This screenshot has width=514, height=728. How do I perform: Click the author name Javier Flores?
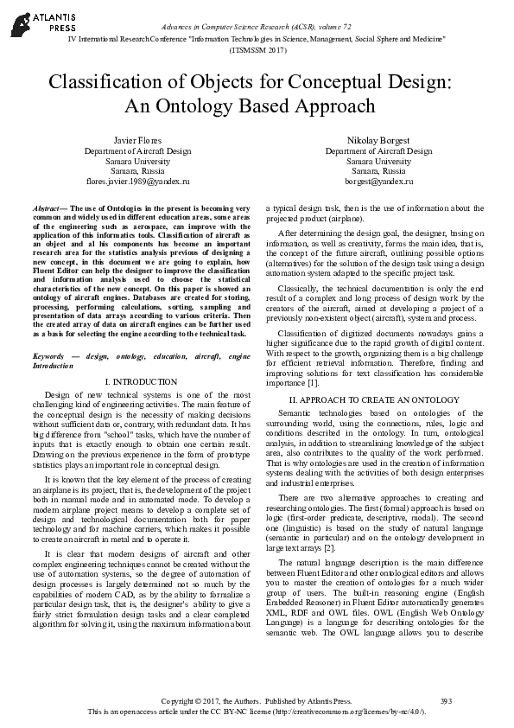(x=137, y=140)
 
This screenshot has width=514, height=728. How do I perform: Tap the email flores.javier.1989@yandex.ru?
(x=137, y=182)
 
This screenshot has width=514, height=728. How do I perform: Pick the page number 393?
(x=447, y=699)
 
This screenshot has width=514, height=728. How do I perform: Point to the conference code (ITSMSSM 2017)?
(x=257, y=50)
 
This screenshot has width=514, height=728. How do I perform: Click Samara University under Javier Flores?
(x=137, y=161)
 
